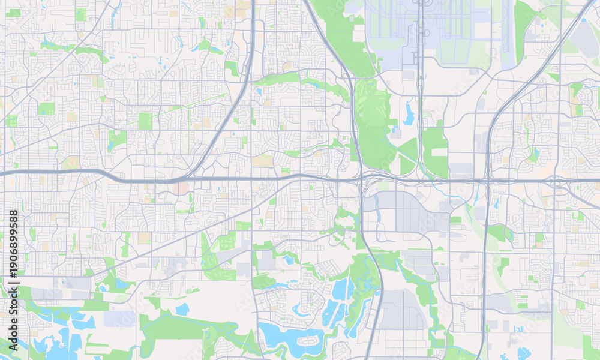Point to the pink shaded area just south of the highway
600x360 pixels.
(181, 189)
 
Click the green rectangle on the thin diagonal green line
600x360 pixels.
(146, 121)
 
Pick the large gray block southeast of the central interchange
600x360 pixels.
(414, 213)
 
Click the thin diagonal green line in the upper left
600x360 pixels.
(180, 107)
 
